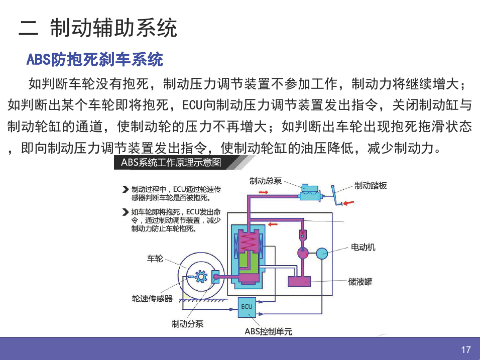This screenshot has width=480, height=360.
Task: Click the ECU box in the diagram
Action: coord(247,307)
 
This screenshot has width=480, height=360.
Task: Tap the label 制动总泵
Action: coord(266,181)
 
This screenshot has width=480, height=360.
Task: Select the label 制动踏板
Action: coord(371,185)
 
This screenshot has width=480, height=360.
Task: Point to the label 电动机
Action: coord(363,247)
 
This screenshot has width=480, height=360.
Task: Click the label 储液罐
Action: coord(360,282)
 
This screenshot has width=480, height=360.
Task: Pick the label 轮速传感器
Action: coord(152,298)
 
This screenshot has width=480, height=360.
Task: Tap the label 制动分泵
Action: coord(187,323)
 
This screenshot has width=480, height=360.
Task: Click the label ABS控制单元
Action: coord(269,331)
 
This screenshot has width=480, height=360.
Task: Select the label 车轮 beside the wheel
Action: coord(155,259)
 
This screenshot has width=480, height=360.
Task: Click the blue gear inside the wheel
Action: coord(201,277)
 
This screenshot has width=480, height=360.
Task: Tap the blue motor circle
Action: coord(322,254)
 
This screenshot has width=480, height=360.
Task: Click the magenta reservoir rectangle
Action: coord(299,281)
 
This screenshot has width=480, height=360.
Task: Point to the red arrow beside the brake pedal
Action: coord(348,203)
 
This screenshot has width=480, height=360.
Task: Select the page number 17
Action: coord(466,349)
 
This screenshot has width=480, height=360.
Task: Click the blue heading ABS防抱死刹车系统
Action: coord(95,59)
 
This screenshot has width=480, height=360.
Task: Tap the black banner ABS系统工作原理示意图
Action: coord(171,162)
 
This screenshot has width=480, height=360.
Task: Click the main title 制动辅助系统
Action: coord(113,28)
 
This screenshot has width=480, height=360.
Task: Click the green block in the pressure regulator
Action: coord(249,262)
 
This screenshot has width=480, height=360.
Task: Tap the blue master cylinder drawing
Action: coord(310,193)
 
